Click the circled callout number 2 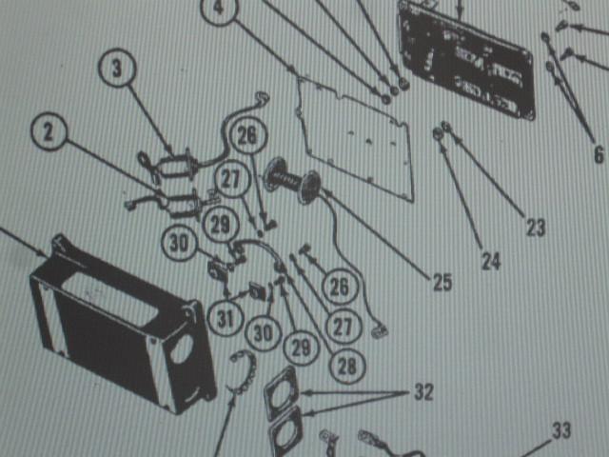[49, 131]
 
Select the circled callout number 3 [117, 68]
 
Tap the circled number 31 [226, 318]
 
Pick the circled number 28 [346, 365]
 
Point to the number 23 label [536, 228]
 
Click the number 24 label [491, 261]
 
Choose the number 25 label [442, 283]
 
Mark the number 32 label [423, 392]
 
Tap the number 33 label [561, 430]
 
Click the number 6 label [599, 154]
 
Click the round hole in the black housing [182, 348]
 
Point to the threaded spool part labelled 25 [292, 181]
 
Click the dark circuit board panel [467, 60]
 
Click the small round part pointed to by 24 [438, 134]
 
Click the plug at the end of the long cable [379, 331]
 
